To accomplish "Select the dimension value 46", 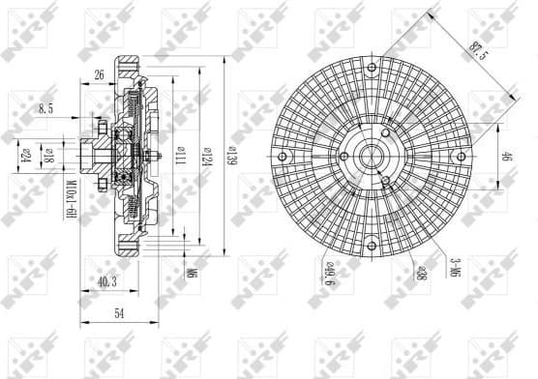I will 506,158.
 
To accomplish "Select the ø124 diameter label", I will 203,157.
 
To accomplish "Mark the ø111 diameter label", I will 181,157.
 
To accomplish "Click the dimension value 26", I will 100,74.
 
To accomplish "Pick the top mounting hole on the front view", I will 372,67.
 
